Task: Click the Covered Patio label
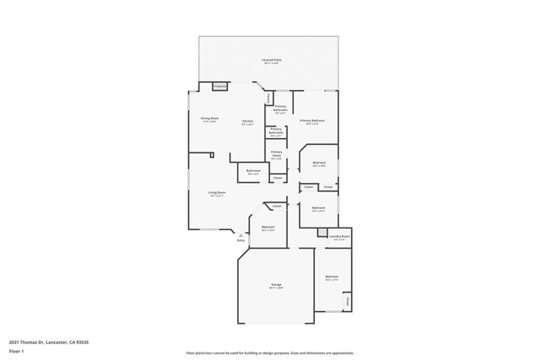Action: point(271,61)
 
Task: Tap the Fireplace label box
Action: point(220,85)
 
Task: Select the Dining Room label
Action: point(209,118)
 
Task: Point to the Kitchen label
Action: point(248,121)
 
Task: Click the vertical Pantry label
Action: point(268,99)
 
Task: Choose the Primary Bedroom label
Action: point(311,121)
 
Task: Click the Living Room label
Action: point(218,192)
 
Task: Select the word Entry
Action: point(240,241)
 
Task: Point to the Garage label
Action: point(276,285)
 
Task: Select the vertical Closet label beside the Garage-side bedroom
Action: point(346,301)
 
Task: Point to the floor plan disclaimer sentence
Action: point(270,352)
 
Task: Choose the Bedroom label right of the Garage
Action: point(332,276)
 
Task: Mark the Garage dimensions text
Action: point(276,288)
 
